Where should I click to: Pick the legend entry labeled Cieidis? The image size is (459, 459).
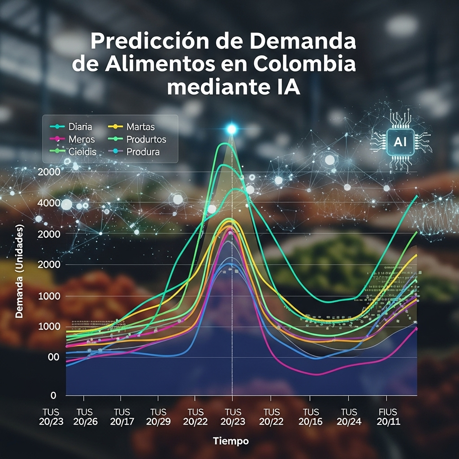point(82,152)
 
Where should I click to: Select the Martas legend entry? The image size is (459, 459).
point(140,127)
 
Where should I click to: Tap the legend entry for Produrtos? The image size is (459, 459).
point(146,139)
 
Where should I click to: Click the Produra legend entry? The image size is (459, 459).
point(143,152)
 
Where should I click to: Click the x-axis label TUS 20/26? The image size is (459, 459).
point(85,416)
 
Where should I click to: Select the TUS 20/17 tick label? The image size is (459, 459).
point(122,416)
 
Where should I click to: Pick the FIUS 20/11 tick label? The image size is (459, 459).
point(387,416)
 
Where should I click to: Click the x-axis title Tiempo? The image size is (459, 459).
point(231,441)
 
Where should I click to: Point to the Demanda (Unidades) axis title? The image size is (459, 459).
point(19,271)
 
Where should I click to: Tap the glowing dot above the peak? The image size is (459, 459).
point(232,130)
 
